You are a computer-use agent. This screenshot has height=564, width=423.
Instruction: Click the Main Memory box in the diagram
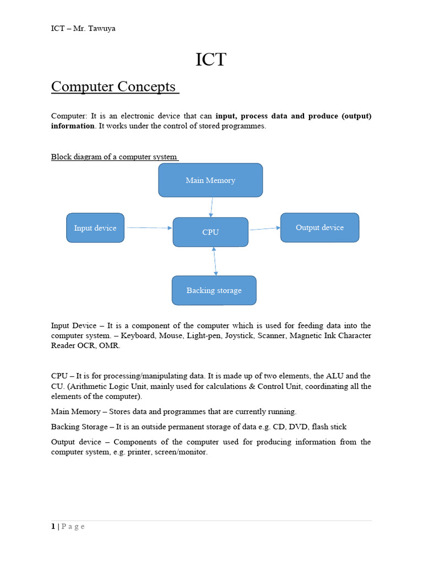click(x=210, y=180)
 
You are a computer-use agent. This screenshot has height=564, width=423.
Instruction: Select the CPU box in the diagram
click(x=210, y=232)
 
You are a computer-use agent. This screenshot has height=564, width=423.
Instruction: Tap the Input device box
click(x=95, y=228)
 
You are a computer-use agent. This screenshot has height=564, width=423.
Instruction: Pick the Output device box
click(x=319, y=227)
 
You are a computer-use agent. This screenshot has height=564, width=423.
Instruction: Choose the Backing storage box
click(x=214, y=290)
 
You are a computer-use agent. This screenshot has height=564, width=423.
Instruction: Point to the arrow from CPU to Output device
click(x=264, y=229)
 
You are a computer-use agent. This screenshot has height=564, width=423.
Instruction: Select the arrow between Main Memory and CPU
click(x=211, y=207)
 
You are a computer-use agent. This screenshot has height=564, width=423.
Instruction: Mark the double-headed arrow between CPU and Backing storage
click(x=215, y=261)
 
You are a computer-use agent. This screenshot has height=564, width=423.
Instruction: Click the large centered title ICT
click(x=211, y=60)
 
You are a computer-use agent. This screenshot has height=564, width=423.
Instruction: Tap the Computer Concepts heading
click(x=114, y=87)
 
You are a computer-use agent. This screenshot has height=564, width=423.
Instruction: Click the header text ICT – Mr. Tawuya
click(x=83, y=29)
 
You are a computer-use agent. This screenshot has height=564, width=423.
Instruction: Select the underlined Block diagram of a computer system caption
click(x=115, y=156)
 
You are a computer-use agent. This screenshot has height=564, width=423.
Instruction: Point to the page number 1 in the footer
click(x=53, y=527)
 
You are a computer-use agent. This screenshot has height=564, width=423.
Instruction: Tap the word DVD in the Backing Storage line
click(x=296, y=427)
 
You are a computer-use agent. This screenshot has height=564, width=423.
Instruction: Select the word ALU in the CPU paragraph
click(x=322, y=376)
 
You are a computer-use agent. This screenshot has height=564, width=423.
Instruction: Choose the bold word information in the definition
click(x=73, y=126)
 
